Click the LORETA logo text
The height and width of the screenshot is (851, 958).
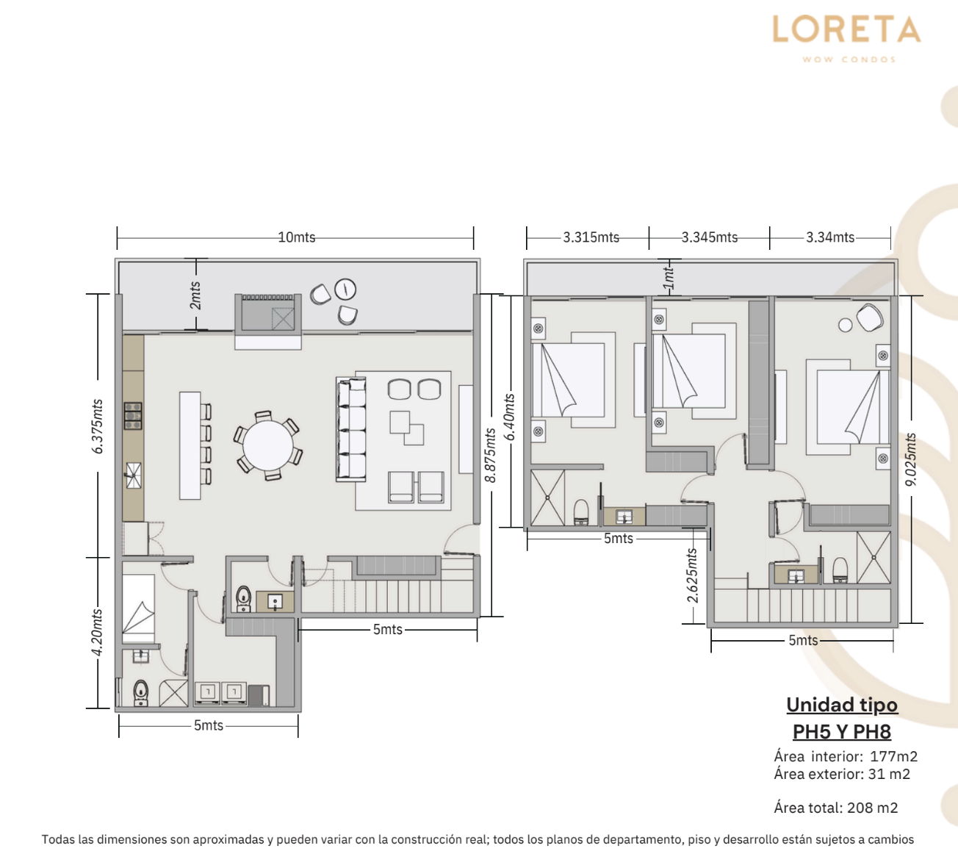[x=847, y=29]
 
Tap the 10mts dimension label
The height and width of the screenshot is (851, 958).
[x=297, y=237]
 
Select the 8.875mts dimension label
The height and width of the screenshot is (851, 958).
[x=490, y=456]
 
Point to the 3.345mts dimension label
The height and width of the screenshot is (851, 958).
[x=709, y=237]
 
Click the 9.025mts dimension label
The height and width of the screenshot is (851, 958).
[x=910, y=459]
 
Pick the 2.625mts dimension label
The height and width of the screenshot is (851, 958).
[x=692, y=575]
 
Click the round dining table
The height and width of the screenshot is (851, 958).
[x=268, y=446]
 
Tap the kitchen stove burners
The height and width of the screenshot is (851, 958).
[x=133, y=416]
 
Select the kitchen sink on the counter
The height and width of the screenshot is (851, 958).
[x=133, y=475]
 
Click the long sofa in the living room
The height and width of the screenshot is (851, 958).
[x=351, y=429]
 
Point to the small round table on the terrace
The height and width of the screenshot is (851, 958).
[x=345, y=289]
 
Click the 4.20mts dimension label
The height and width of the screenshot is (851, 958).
[x=97, y=633]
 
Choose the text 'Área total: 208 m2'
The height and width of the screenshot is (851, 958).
[x=835, y=807]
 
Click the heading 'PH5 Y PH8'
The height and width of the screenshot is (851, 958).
[x=842, y=731]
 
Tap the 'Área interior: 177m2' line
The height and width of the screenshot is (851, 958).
[x=846, y=756]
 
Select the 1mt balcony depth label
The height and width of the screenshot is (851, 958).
[x=668, y=279]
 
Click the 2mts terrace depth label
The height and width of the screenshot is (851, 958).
[x=195, y=295]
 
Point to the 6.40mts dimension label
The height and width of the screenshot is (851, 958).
[x=509, y=417]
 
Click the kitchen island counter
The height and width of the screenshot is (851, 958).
[x=190, y=445]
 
